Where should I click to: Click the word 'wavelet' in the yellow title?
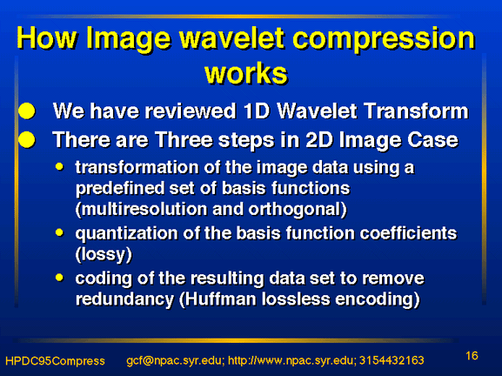click(x=231, y=38)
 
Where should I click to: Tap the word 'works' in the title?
click(x=246, y=74)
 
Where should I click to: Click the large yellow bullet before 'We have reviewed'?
click(x=27, y=111)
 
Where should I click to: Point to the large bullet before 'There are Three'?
click(x=27, y=140)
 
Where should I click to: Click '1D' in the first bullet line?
click(x=256, y=111)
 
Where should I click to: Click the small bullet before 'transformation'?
click(x=59, y=166)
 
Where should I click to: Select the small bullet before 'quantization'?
click(x=59, y=232)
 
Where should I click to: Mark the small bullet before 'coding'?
click(x=59, y=278)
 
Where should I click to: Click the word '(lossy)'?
click(x=104, y=255)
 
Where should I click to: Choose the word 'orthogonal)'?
click(x=298, y=210)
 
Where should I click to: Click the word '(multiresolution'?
click(x=141, y=210)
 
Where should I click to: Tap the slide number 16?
click(x=472, y=356)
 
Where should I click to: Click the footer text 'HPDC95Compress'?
click(x=55, y=361)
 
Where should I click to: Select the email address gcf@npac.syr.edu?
click(x=175, y=361)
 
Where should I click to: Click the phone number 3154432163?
click(x=392, y=360)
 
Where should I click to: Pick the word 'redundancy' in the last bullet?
click(x=125, y=299)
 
